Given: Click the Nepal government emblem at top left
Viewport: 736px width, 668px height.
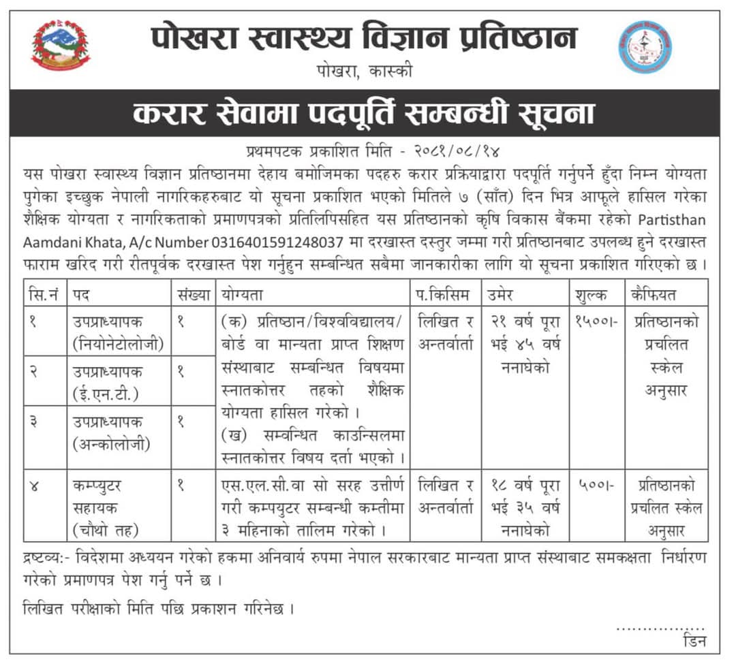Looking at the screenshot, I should pyautogui.click(x=61, y=46).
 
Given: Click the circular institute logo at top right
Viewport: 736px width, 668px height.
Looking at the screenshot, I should pyautogui.click(x=645, y=46).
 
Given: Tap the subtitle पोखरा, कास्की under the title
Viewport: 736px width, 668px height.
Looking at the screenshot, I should pyautogui.click(x=365, y=71).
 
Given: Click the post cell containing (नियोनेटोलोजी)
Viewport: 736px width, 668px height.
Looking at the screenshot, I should pyautogui.click(x=119, y=332).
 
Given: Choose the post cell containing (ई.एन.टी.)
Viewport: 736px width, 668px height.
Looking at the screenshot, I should pyautogui.click(x=119, y=381).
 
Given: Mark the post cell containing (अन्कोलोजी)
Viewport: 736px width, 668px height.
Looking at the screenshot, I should pyautogui.click(x=119, y=432).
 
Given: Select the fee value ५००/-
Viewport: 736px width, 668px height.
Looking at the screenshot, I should pyautogui.click(x=596, y=486).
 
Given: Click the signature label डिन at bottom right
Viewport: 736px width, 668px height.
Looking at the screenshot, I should pyautogui.click(x=693, y=641).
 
